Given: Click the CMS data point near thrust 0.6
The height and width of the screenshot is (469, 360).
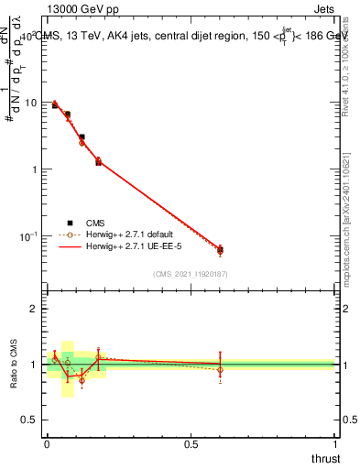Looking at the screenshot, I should click(x=220, y=250).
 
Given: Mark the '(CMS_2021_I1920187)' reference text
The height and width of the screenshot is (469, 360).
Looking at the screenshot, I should click(x=191, y=273).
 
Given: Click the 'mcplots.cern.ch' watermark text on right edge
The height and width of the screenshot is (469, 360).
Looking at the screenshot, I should click(x=353, y=229).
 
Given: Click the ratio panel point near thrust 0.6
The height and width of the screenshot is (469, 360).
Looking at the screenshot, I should click(x=220, y=370).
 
